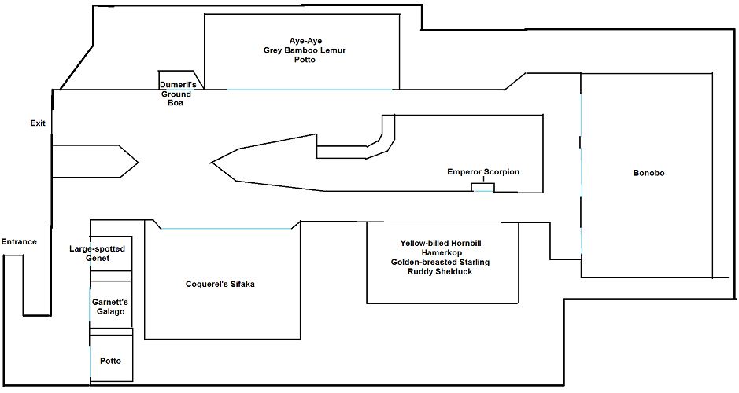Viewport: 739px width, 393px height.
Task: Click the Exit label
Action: pyautogui.click(x=38, y=123)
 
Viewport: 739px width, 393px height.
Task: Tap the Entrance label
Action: pyautogui.click(x=19, y=241)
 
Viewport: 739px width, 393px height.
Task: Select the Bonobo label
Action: pyautogui.click(x=648, y=173)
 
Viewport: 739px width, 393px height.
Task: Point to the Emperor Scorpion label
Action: pyautogui.click(x=483, y=172)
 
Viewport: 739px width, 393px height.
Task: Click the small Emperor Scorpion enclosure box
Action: pyautogui.click(x=483, y=187)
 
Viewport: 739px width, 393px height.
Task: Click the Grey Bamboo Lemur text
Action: pyautogui.click(x=305, y=50)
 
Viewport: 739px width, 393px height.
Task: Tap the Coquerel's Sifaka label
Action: pyautogui.click(x=220, y=285)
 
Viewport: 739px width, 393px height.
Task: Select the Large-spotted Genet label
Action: pyautogui.click(x=98, y=253)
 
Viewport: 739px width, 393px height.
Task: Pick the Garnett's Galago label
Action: pyautogui.click(x=109, y=307)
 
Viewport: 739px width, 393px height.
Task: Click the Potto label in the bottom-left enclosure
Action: pyautogui.click(x=110, y=361)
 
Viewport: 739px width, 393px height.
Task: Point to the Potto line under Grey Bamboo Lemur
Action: pyautogui.click(x=305, y=60)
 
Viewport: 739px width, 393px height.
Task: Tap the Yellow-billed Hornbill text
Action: pyautogui.click(x=443, y=242)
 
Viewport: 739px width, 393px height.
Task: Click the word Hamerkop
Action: pyautogui.click(x=443, y=252)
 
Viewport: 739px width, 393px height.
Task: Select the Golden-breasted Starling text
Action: pyautogui.click(x=443, y=262)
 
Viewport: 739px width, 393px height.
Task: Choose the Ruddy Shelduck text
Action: pyautogui.click(x=443, y=272)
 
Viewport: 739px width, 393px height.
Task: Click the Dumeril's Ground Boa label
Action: pyautogui.click(x=182, y=93)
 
